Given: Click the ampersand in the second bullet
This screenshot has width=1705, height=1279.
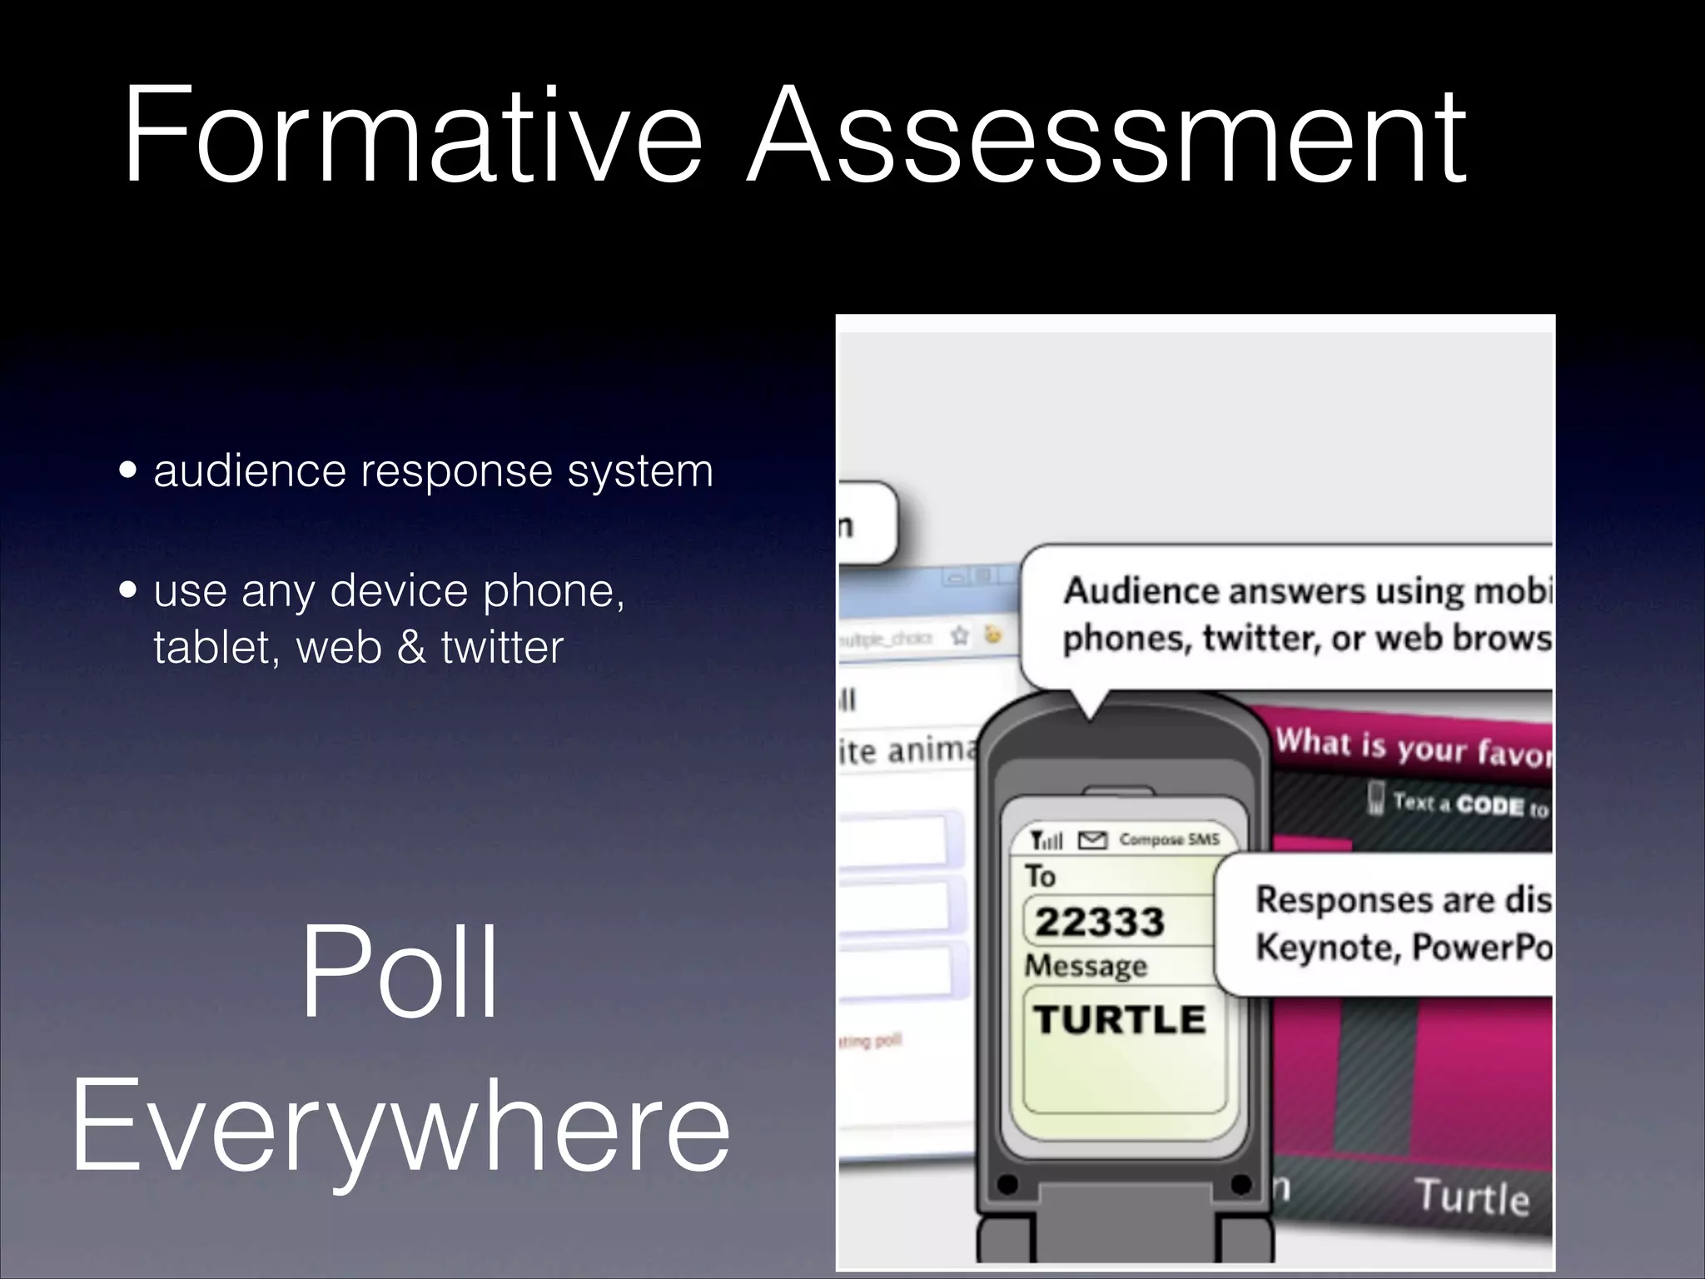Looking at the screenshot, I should (x=410, y=647).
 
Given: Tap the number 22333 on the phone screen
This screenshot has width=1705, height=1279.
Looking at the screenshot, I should (x=1099, y=922).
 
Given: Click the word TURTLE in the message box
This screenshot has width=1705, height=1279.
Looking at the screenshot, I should (x=1119, y=1019).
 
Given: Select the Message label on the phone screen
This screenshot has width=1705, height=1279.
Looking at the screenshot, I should (x=1086, y=966).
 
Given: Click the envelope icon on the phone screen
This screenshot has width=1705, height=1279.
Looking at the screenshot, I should (x=1092, y=840).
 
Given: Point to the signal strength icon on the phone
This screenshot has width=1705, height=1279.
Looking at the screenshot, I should (x=1046, y=839).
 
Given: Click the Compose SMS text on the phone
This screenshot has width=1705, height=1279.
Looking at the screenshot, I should (x=1169, y=839).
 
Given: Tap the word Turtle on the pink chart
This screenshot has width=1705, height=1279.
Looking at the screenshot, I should (x=1473, y=1197).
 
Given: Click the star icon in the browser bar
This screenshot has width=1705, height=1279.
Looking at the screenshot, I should (x=960, y=637).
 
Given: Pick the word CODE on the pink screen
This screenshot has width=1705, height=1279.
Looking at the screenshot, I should (x=1490, y=805).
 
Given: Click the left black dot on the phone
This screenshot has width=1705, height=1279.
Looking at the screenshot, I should (x=1007, y=1184).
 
